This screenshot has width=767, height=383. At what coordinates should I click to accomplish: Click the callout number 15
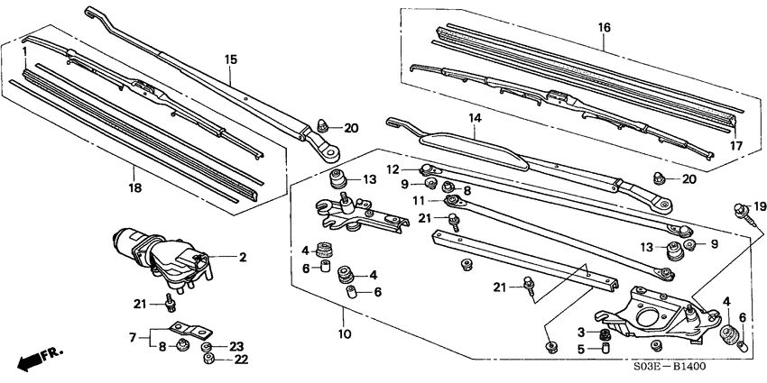point(231,59)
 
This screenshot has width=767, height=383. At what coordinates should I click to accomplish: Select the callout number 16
point(604,28)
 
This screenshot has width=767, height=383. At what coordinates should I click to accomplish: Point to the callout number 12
point(393,168)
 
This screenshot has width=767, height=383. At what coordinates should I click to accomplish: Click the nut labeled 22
point(208,359)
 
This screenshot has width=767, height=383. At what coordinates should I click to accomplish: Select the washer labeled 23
point(207,346)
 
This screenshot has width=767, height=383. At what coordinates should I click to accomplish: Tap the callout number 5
point(580,349)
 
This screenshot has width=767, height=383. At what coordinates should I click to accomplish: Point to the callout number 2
point(242,257)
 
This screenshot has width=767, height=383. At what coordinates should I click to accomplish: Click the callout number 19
point(760,206)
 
